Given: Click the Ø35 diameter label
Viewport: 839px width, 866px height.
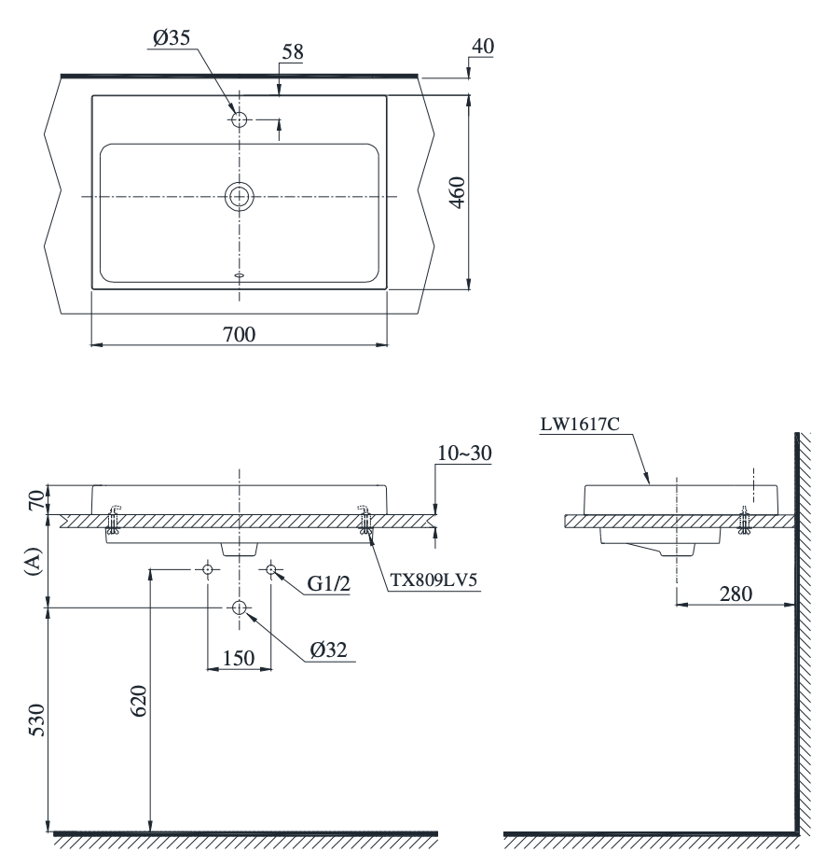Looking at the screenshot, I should pyautogui.click(x=172, y=40).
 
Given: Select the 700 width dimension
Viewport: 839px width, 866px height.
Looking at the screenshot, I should pyautogui.click(x=239, y=334).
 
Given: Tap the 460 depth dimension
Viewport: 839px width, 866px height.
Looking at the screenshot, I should pyautogui.click(x=454, y=193).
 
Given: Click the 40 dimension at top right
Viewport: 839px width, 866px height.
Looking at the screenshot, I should pyautogui.click(x=484, y=46).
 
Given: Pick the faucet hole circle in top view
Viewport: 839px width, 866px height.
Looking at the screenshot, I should pyautogui.click(x=240, y=119).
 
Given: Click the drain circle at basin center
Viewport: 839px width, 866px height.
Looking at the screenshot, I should pyautogui.click(x=240, y=196).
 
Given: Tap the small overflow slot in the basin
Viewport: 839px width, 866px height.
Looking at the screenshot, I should pyautogui.click(x=240, y=275).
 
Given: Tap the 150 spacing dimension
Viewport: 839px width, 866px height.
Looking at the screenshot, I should pyautogui.click(x=239, y=658).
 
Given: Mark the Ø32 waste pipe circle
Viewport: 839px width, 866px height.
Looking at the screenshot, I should pyautogui.click(x=240, y=608).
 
